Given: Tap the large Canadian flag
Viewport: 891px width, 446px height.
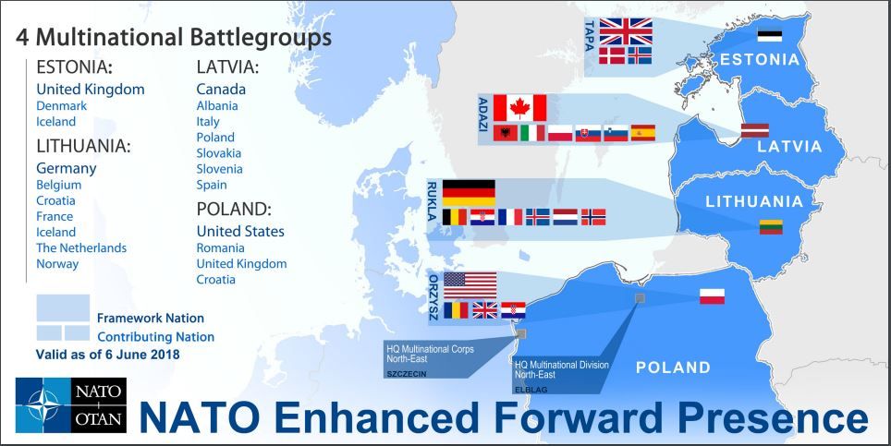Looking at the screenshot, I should (x=519, y=107).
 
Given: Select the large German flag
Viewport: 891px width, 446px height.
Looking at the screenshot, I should (x=469, y=192).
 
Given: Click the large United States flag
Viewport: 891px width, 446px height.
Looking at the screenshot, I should (x=470, y=284).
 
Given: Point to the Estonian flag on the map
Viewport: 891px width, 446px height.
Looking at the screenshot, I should (x=769, y=36).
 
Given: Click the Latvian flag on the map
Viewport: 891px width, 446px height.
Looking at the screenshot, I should (x=754, y=130).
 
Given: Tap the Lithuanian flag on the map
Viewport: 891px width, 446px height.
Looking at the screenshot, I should (x=771, y=227).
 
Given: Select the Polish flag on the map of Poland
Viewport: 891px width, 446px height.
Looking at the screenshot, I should (x=712, y=296).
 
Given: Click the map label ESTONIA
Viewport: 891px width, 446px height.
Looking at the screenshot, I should (x=759, y=60).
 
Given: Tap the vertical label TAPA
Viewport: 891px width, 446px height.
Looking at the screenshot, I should (x=589, y=36).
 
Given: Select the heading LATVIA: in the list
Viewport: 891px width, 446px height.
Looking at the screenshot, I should (x=227, y=67).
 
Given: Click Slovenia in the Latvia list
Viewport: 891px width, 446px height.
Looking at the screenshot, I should (x=219, y=169).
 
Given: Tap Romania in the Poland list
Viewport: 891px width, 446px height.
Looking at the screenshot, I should (x=220, y=247).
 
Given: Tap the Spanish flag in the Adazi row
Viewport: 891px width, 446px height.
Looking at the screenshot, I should (x=642, y=133).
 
